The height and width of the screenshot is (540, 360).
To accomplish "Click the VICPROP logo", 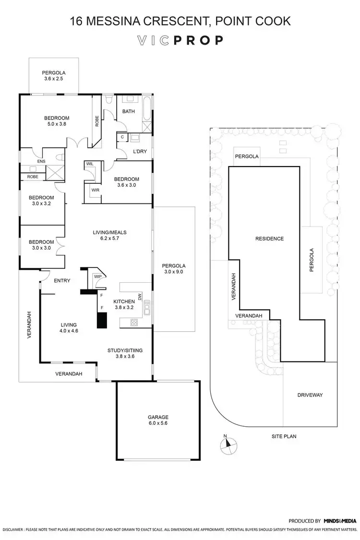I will tap(180, 40).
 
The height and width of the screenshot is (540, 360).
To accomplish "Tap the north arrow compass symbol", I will tap(229, 445).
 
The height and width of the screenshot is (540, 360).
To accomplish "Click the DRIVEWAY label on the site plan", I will tap(310, 395).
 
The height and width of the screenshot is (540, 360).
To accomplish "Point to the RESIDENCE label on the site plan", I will tap(269, 239).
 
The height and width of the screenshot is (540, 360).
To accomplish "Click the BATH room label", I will tap(129, 111).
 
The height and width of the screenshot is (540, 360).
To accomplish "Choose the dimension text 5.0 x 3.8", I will tap(57, 124).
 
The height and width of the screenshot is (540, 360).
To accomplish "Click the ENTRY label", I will tap(62, 281).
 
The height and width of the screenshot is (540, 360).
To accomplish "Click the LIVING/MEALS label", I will tap(109, 233).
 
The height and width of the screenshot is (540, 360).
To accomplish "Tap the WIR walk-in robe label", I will tap(95, 189).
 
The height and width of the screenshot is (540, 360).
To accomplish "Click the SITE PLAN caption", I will tap(284, 436).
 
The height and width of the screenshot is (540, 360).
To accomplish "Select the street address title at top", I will tap(180, 21).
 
